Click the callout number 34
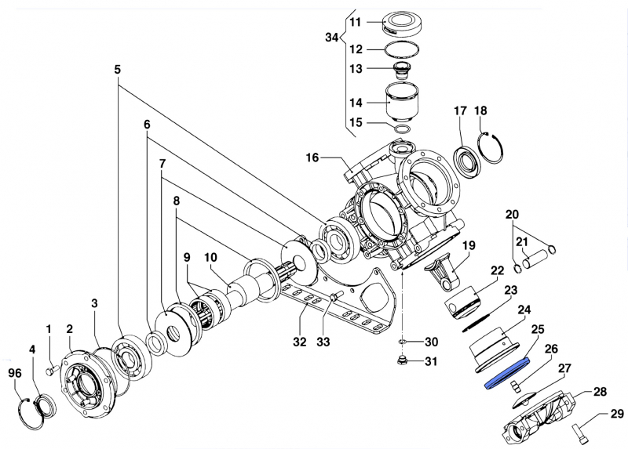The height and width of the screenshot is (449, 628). tap(332, 37)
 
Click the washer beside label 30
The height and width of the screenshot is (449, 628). tap(402, 342)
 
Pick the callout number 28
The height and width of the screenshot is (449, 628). tap(599, 391)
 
